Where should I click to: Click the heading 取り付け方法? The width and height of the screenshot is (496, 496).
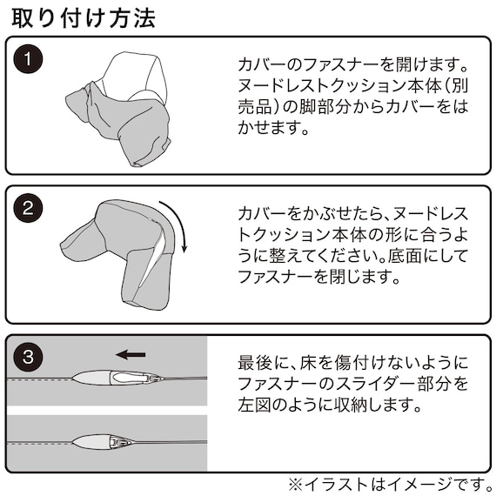[x=84, y=18]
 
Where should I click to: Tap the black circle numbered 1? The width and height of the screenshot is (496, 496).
[x=28, y=59]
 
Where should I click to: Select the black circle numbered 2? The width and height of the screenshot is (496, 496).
[x=28, y=208]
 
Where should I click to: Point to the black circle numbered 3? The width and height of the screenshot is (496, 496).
[x=28, y=357]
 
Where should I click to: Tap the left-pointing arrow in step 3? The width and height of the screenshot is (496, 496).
[x=131, y=354]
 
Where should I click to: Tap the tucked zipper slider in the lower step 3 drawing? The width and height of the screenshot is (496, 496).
[x=119, y=441]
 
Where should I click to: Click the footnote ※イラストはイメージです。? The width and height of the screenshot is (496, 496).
[x=391, y=484]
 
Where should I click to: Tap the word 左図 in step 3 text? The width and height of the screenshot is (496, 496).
[x=254, y=405]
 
